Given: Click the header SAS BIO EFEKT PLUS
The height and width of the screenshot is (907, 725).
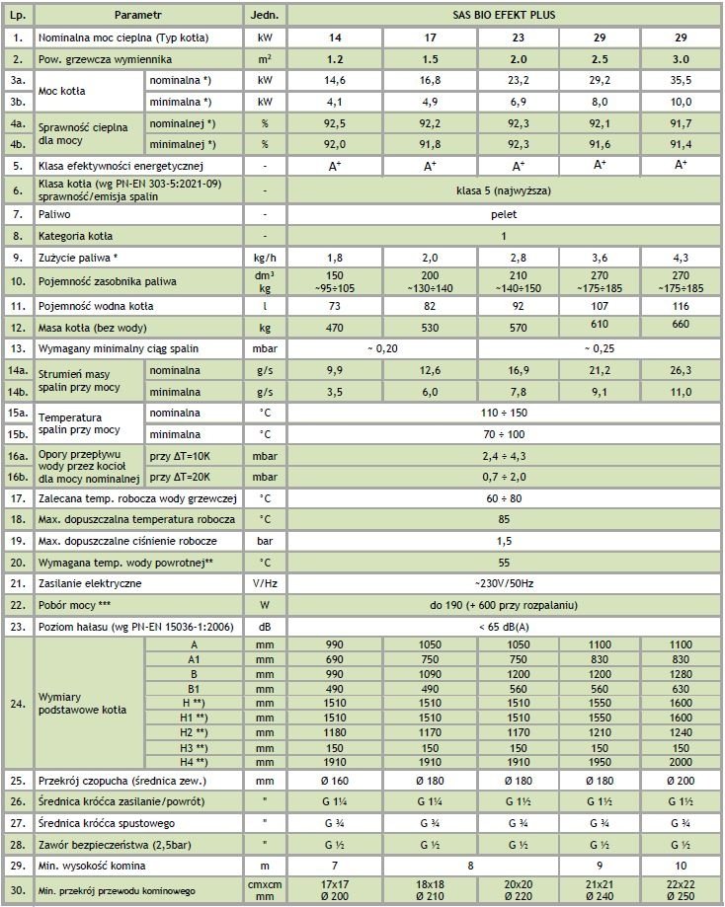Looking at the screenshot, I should click(505, 16).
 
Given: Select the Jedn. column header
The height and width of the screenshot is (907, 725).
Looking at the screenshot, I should click(265, 16).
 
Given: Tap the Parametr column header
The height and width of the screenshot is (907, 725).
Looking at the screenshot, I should click(137, 16).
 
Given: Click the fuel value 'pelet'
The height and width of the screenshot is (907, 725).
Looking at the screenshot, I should click(505, 213).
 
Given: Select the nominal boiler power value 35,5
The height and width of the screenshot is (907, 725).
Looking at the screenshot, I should click(682, 80).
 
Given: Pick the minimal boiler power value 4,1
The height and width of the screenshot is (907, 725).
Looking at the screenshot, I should click(334, 102).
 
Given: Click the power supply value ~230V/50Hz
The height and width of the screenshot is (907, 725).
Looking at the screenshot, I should click(505, 583).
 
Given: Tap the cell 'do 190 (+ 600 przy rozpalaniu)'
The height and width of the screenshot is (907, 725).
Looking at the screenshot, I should click(505, 604).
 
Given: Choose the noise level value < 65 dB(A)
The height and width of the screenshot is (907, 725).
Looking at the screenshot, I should click(505, 625).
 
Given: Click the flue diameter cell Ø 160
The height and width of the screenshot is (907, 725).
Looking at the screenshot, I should click(334, 781).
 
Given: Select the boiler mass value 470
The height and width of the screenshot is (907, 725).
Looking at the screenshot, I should click(334, 327).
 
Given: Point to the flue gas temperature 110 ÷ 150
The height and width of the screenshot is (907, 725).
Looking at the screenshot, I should click(505, 412).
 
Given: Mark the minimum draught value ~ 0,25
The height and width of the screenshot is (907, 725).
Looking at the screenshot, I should click(601, 348).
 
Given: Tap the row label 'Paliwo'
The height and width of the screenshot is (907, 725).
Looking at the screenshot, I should click(55, 213).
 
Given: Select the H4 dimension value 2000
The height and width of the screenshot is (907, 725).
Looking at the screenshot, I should click(682, 762).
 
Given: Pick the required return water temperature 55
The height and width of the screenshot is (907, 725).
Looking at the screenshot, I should click(505, 562).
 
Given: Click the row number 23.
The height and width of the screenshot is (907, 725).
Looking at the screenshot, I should click(17, 625).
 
